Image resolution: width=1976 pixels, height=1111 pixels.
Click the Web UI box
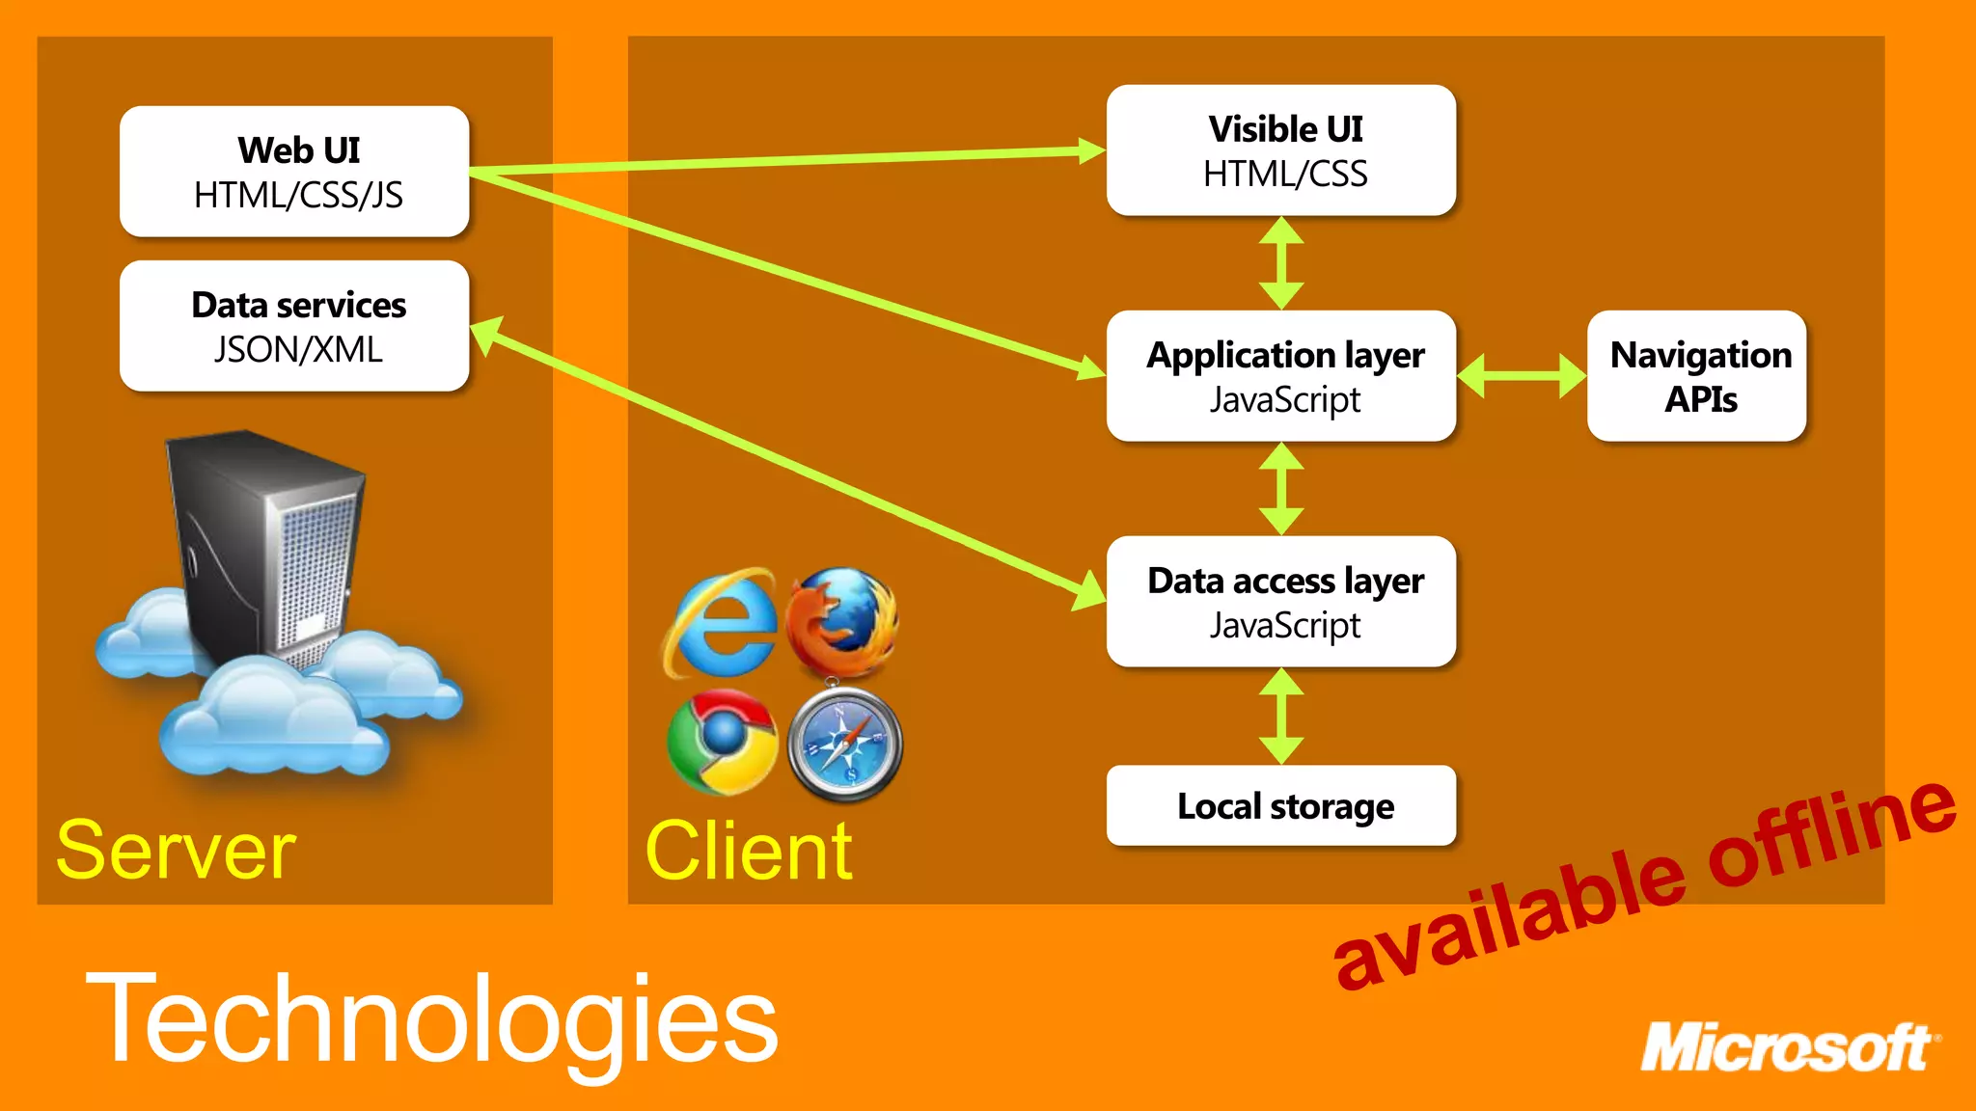294,172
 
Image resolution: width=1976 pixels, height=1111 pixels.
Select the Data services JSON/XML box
294,326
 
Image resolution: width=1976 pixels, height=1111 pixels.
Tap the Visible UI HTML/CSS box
1280,150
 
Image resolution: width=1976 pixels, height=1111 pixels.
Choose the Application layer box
1280,376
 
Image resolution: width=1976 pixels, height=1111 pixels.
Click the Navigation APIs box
1696,376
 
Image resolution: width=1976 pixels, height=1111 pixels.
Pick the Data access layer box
1280,602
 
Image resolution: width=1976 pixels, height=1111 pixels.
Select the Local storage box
1280,805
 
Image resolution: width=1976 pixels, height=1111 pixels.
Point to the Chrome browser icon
722,742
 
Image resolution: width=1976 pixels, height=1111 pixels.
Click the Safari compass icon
845,745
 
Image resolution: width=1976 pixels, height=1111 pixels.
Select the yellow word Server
176,851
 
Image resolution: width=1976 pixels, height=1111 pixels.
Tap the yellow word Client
749,851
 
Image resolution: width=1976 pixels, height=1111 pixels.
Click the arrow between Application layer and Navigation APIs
1521,376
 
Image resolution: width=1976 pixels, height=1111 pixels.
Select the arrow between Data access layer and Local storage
1281,716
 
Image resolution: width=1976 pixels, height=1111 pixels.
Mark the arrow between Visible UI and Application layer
1281,262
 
